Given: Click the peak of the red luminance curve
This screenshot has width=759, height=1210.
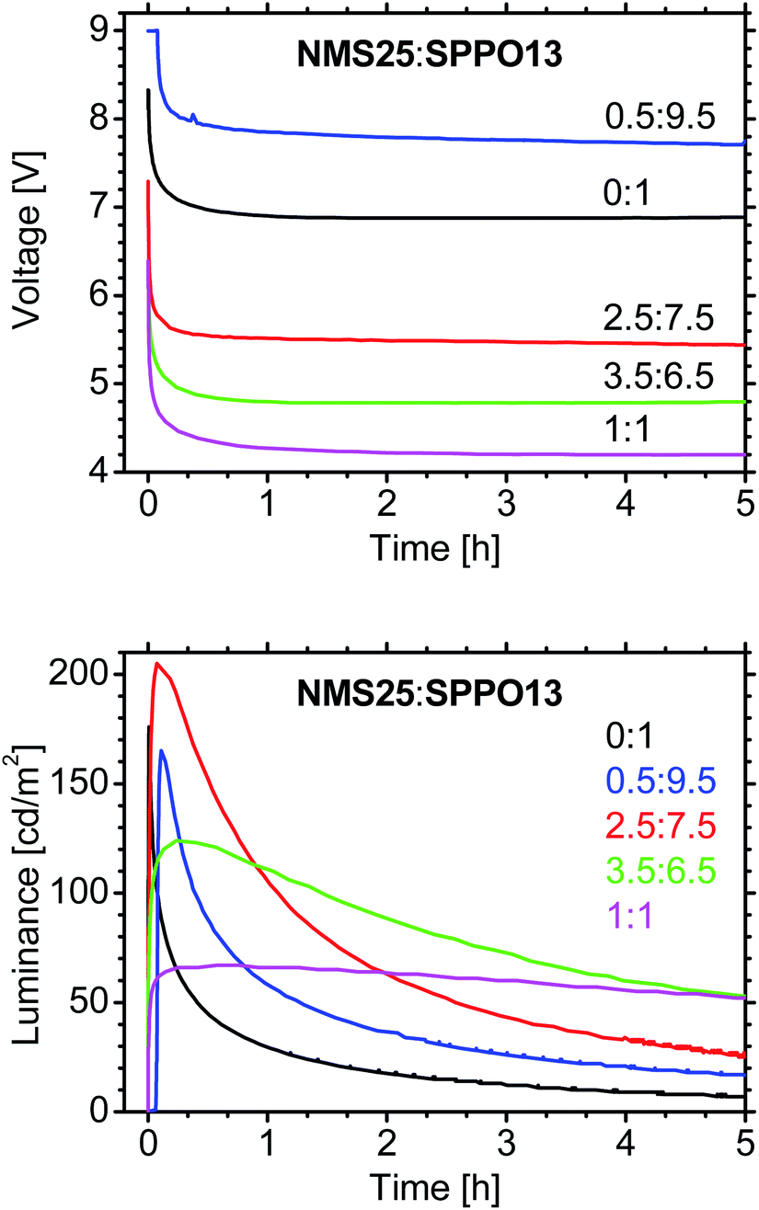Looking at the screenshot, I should pyautogui.click(x=157, y=663).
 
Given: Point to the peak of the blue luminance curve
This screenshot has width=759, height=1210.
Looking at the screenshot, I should pyautogui.click(x=162, y=750).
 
